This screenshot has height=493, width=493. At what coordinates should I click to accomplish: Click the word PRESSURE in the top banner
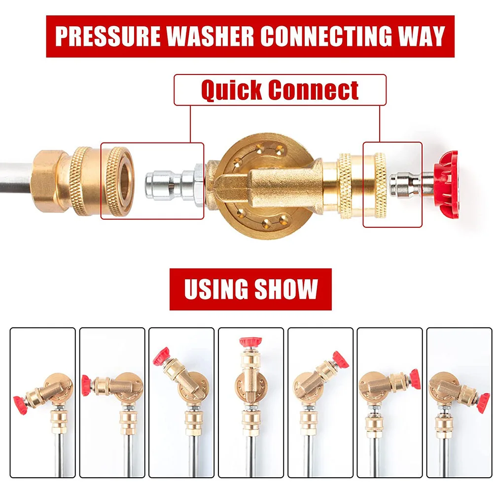pos(107,36)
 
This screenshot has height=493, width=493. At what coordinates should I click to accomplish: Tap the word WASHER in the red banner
pos(210,36)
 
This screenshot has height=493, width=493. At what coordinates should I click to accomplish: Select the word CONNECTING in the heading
pos(326,36)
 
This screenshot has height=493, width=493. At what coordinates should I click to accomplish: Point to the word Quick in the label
pos(232,90)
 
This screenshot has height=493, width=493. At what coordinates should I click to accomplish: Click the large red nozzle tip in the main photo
pos(446,184)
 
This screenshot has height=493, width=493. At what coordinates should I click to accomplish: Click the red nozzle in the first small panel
pos(20,405)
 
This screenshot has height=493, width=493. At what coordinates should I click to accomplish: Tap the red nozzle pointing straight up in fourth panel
pos(250,342)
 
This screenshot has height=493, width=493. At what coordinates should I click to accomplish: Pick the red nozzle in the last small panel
pos(483,403)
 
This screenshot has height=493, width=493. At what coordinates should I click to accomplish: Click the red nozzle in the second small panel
pos(86,385)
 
